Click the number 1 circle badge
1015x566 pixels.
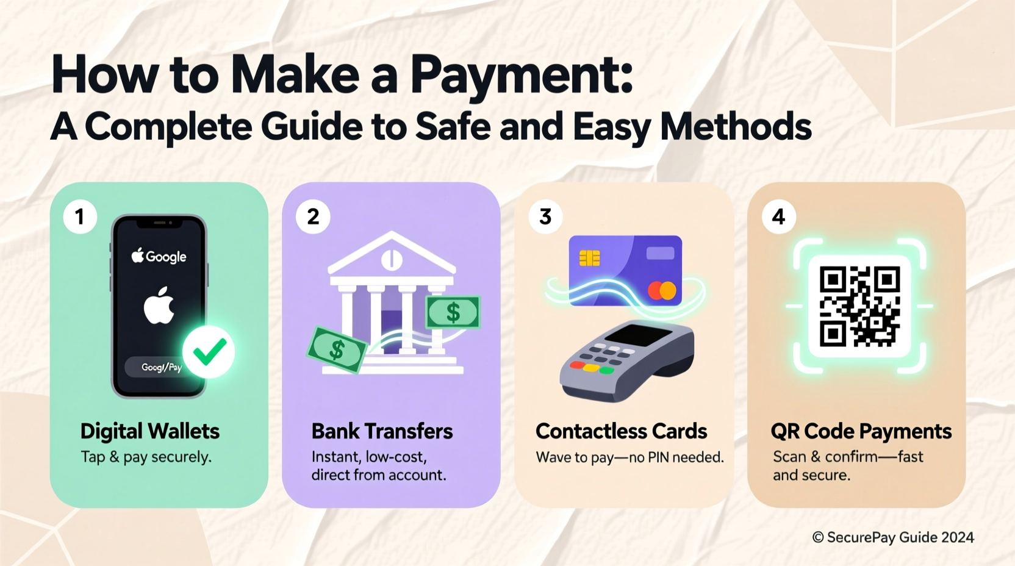pos(80,217)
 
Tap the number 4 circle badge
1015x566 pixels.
pos(778,217)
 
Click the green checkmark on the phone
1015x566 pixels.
pos(209,352)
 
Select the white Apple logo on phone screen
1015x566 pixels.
pos(159,306)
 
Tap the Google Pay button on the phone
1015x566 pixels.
pos(160,367)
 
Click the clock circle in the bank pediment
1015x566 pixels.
pos(392,260)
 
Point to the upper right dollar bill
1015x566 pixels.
pos(453,312)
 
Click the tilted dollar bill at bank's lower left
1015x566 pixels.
pos(337,350)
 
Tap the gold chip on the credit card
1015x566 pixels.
pos(589,258)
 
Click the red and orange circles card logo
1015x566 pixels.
pos(662,290)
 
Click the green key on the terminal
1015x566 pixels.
pos(606,370)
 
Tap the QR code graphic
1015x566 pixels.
pos(859,306)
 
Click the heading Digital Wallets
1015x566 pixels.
pos(149,431)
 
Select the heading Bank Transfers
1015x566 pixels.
pos(382,431)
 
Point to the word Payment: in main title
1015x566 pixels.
pos(521,74)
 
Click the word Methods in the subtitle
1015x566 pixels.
pos(736,127)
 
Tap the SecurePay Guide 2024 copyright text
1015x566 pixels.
pos(893,537)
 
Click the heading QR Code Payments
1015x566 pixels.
pos(861,431)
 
